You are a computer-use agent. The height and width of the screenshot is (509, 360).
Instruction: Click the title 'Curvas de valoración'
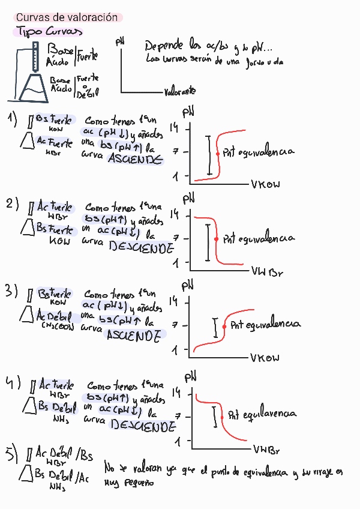pos(67,18)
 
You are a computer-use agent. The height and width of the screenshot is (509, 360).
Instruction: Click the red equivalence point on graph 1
pos(217,154)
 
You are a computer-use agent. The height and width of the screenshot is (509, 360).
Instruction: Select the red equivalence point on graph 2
pos(216,239)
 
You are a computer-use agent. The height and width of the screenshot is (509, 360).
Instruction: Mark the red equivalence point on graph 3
pos(224,327)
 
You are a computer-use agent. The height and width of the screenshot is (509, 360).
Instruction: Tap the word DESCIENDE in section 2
pos(142,247)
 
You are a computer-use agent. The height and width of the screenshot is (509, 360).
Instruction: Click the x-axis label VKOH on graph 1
pos(266,184)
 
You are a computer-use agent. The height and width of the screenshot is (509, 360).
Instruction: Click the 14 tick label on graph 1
pos(175,128)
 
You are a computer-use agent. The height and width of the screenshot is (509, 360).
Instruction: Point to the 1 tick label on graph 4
pos(178,442)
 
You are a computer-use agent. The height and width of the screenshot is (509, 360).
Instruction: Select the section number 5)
pos(13,456)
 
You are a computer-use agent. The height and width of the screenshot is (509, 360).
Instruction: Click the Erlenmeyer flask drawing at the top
pos(30,87)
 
